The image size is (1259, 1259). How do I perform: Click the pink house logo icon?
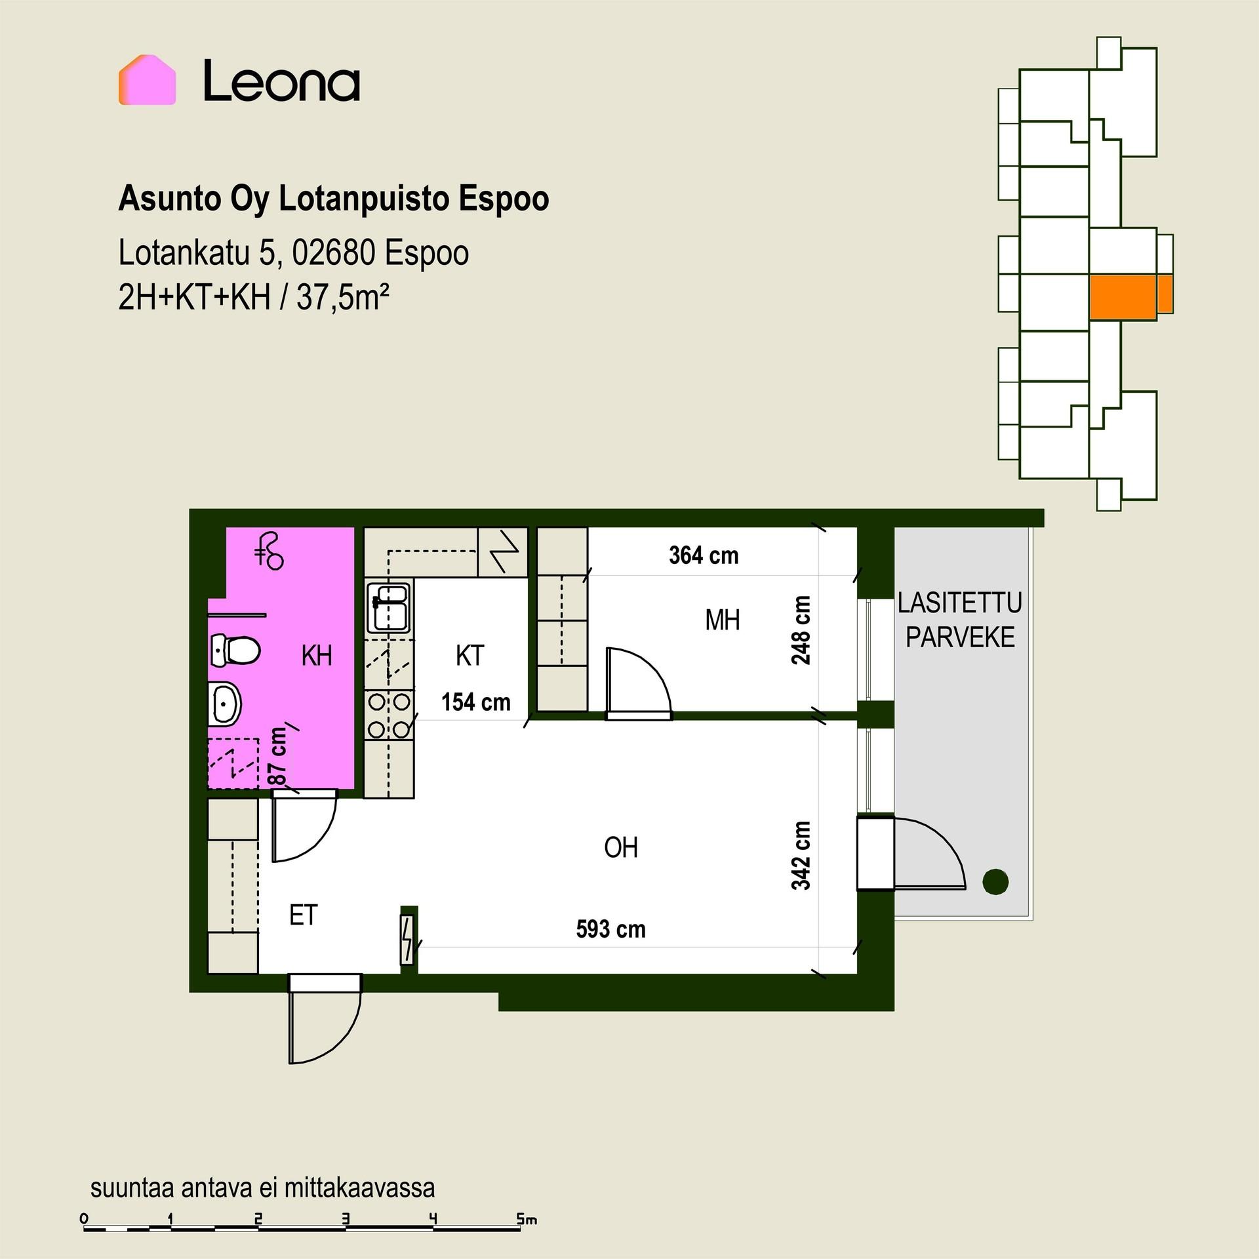[147, 80]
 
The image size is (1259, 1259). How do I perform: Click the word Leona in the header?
[282, 81]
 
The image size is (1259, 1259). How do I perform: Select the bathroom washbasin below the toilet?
[225, 704]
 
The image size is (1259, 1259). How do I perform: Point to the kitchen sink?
[388, 608]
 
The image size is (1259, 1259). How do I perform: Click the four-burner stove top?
[390, 715]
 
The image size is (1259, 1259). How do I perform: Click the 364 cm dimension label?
[704, 555]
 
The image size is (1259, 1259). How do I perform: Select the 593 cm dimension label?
[610, 929]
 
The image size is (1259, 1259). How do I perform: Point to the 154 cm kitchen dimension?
[475, 702]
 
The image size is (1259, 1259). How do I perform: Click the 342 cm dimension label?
[801, 856]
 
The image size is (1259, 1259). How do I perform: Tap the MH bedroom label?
[723, 620]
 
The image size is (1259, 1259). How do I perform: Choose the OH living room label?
[621, 848]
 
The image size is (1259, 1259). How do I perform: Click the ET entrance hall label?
[304, 915]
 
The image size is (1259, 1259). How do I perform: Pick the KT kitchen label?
[470, 656]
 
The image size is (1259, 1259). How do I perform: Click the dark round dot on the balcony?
[995, 881]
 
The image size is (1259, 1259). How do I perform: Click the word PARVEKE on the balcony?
[961, 637]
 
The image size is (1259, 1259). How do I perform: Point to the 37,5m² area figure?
[343, 298]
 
